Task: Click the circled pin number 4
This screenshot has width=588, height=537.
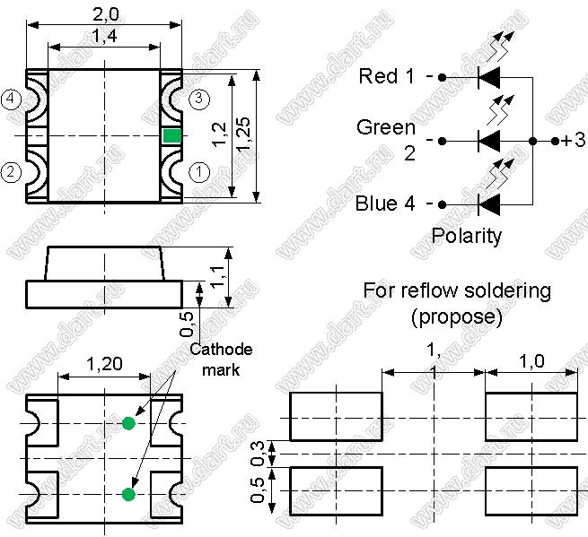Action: (x=11, y=99)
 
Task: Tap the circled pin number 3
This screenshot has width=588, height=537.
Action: (x=200, y=99)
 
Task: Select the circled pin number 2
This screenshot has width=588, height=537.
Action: (x=11, y=170)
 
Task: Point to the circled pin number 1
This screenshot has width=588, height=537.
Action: (x=200, y=170)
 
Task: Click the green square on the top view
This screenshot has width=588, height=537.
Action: (x=171, y=135)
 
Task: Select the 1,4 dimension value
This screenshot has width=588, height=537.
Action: (x=106, y=36)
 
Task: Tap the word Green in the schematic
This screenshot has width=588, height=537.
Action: (x=386, y=127)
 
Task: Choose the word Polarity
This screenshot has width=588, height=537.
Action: (x=467, y=236)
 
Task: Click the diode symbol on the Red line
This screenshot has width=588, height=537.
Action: (x=488, y=77)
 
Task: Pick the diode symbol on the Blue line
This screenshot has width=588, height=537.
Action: (x=488, y=204)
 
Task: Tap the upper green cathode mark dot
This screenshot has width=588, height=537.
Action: (x=128, y=422)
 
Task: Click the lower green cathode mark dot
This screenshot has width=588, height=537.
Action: (x=128, y=494)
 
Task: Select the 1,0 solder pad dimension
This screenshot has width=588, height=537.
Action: (x=532, y=361)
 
